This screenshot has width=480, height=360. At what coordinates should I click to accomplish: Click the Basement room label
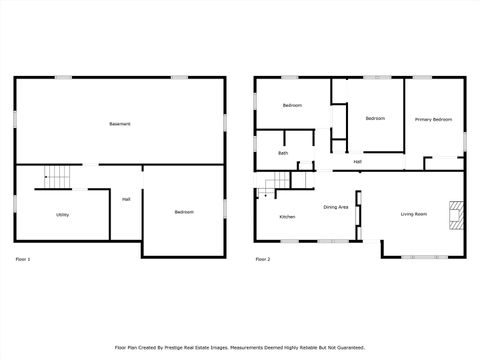coord(120,123)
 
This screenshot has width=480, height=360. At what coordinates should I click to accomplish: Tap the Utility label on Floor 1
coord(62,215)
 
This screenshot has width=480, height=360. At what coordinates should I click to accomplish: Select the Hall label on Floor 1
coord(126,199)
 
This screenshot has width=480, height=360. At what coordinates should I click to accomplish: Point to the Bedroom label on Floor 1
coord(184,212)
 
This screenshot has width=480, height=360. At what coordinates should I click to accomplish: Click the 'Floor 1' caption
coord(23,259)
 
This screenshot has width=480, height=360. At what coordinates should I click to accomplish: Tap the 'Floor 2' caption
coord(262,259)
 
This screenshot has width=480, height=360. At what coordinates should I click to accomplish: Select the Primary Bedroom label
coord(433,119)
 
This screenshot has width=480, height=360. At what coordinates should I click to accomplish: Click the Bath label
coord(283,153)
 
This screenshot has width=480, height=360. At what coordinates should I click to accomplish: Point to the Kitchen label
coord(287,217)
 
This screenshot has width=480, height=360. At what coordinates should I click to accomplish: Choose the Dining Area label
coord(335,207)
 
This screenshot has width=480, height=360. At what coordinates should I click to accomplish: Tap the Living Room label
coord(414,214)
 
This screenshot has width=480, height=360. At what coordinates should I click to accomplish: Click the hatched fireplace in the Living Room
coord(456,215)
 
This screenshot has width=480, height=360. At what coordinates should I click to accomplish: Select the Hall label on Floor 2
coord(357,161)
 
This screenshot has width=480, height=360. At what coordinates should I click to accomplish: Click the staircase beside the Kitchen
coord(275,182)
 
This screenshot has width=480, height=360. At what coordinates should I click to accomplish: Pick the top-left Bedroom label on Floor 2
coord(292,105)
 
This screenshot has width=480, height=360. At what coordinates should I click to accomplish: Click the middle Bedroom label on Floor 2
coord(375,119)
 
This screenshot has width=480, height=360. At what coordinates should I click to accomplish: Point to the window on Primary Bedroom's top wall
coord(422,77)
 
